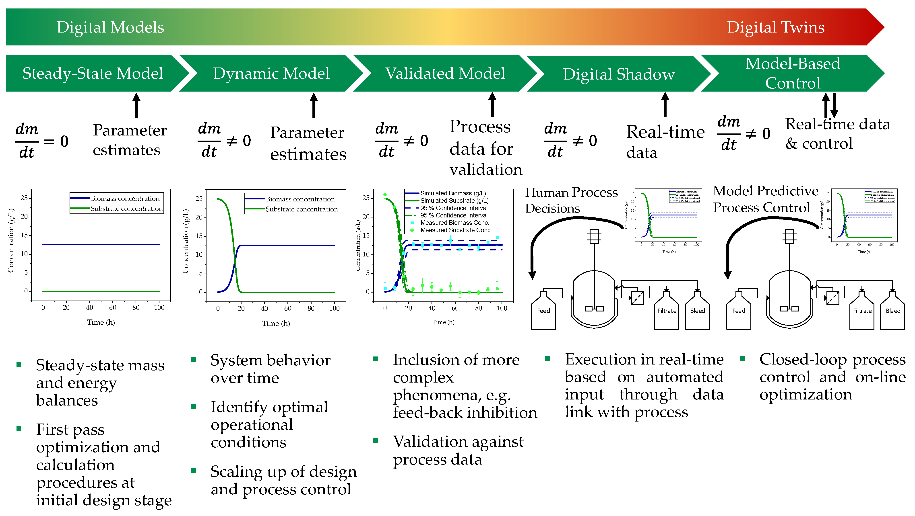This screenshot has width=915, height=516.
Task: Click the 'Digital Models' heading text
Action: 110,27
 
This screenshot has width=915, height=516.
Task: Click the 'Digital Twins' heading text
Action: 775,27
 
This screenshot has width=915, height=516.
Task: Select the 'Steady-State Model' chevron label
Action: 93,74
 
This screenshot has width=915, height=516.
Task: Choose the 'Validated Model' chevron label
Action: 445,74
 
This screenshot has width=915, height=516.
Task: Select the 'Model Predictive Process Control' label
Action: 765,199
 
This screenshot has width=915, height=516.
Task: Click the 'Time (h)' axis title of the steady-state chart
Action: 101,322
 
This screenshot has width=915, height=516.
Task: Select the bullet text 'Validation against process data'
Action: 458,450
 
